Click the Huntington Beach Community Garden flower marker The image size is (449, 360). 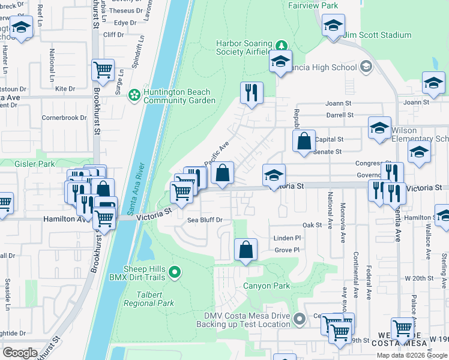click(x=134, y=95)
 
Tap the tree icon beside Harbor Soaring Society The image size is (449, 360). click(x=280, y=46)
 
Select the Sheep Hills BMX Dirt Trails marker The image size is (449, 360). click(x=175, y=273)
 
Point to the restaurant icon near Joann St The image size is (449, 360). click(x=251, y=93)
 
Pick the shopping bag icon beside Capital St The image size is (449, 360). click(x=304, y=141)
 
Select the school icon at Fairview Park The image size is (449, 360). click(x=333, y=26)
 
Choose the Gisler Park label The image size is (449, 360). click(x=27, y=164)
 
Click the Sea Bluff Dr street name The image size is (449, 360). click(x=205, y=220)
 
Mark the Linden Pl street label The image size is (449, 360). click(x=286, y=238)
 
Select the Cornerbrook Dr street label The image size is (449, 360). click(x=64, y=118)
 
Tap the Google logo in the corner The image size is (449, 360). click(x=20, y=353)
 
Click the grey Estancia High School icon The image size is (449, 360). click(x=365, y=67)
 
